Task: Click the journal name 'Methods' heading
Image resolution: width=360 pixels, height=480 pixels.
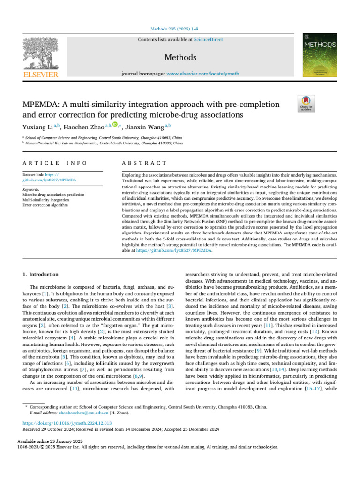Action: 180,58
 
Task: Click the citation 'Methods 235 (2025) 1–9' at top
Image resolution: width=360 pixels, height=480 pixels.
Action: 180,29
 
